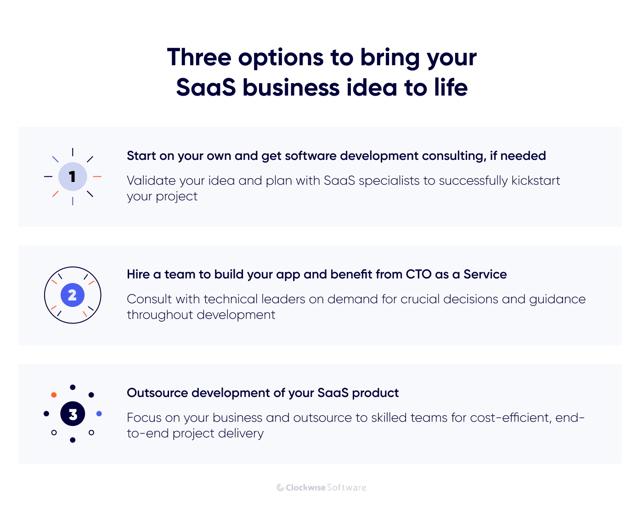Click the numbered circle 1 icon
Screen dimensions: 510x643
point(73,176)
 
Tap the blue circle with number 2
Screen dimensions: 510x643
point(73,295)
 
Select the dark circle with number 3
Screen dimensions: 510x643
point(73,414)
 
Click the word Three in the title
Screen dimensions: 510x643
point(199,58)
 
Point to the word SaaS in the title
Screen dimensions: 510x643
point(206,88)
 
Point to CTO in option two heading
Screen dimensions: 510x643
point(418,275)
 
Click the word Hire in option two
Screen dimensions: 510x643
point(138,275)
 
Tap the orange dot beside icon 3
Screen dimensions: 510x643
point(54,395)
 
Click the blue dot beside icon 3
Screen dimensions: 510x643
point(99,414)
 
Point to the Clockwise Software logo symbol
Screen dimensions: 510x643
point(280,487)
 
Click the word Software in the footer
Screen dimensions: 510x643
point(347,487)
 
